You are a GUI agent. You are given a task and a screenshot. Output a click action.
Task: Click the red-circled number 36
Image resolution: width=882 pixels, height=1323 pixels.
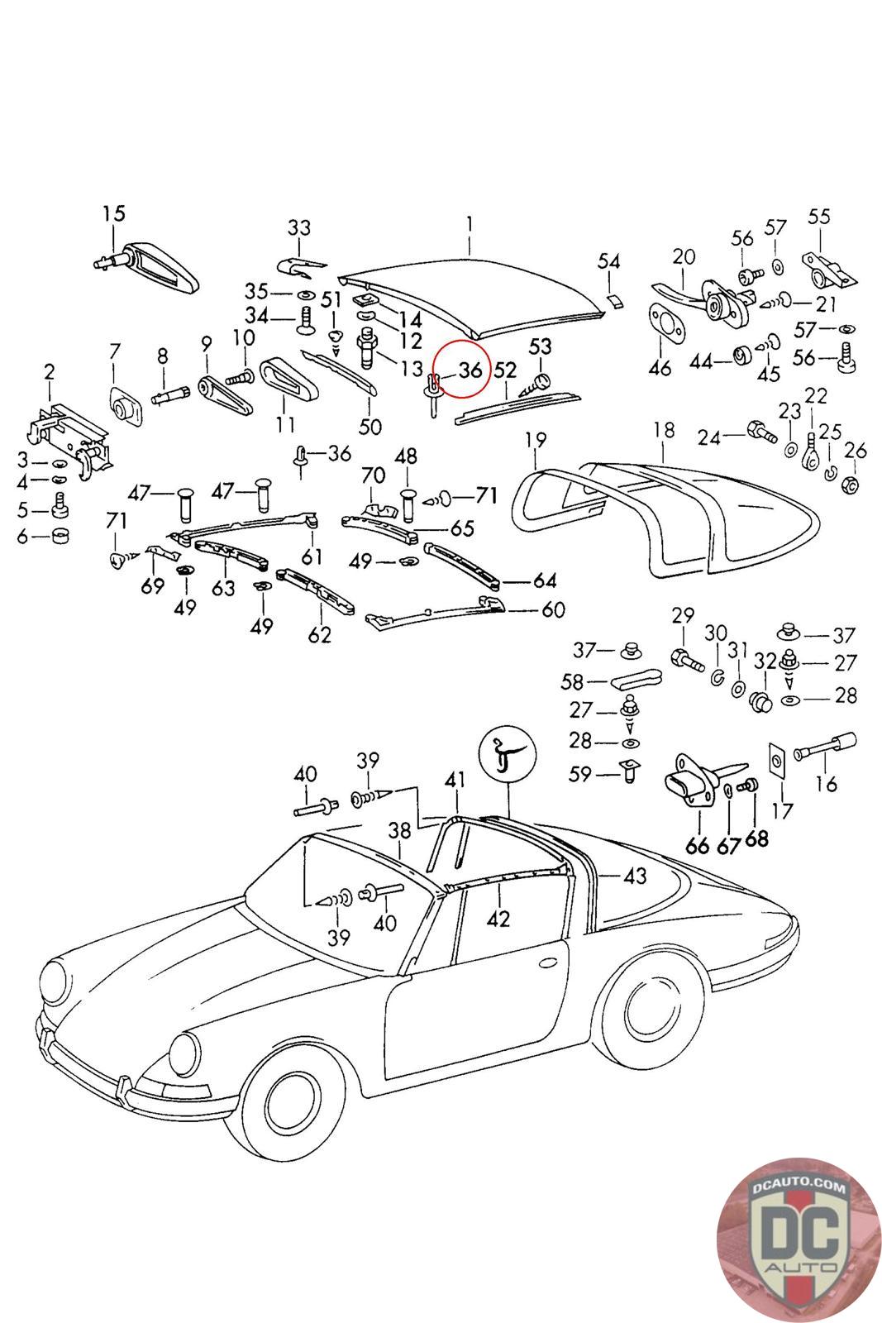click(470, 370)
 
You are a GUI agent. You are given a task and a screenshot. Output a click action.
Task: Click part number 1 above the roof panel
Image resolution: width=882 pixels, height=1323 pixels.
click(469, 224)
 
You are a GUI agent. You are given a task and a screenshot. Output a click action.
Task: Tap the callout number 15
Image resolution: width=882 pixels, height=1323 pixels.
click(114, 213)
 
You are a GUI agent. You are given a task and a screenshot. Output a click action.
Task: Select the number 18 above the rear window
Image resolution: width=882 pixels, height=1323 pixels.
click(664, 430)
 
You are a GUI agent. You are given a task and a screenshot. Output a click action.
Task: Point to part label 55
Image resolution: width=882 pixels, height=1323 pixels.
click(818, 217)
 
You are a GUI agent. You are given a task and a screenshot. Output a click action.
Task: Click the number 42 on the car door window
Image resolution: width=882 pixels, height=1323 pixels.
click(498, 918)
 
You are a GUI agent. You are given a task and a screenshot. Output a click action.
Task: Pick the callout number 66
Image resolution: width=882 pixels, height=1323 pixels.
click(698, 844)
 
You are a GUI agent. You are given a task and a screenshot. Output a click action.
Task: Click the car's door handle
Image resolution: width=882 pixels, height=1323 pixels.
click(549, 964)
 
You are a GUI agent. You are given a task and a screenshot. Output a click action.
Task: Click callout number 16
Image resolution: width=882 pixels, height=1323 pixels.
click(826, 783)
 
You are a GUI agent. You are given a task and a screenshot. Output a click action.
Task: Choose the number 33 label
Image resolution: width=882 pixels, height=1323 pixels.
click(299, 227)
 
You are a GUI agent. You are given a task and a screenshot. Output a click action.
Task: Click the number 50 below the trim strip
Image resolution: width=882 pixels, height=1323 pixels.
click(369, 427)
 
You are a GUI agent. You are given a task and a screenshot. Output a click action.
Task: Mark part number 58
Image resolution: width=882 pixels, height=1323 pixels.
click(595, 682)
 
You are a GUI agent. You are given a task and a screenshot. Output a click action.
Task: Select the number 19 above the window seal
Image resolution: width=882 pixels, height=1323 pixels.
click(536, 438)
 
